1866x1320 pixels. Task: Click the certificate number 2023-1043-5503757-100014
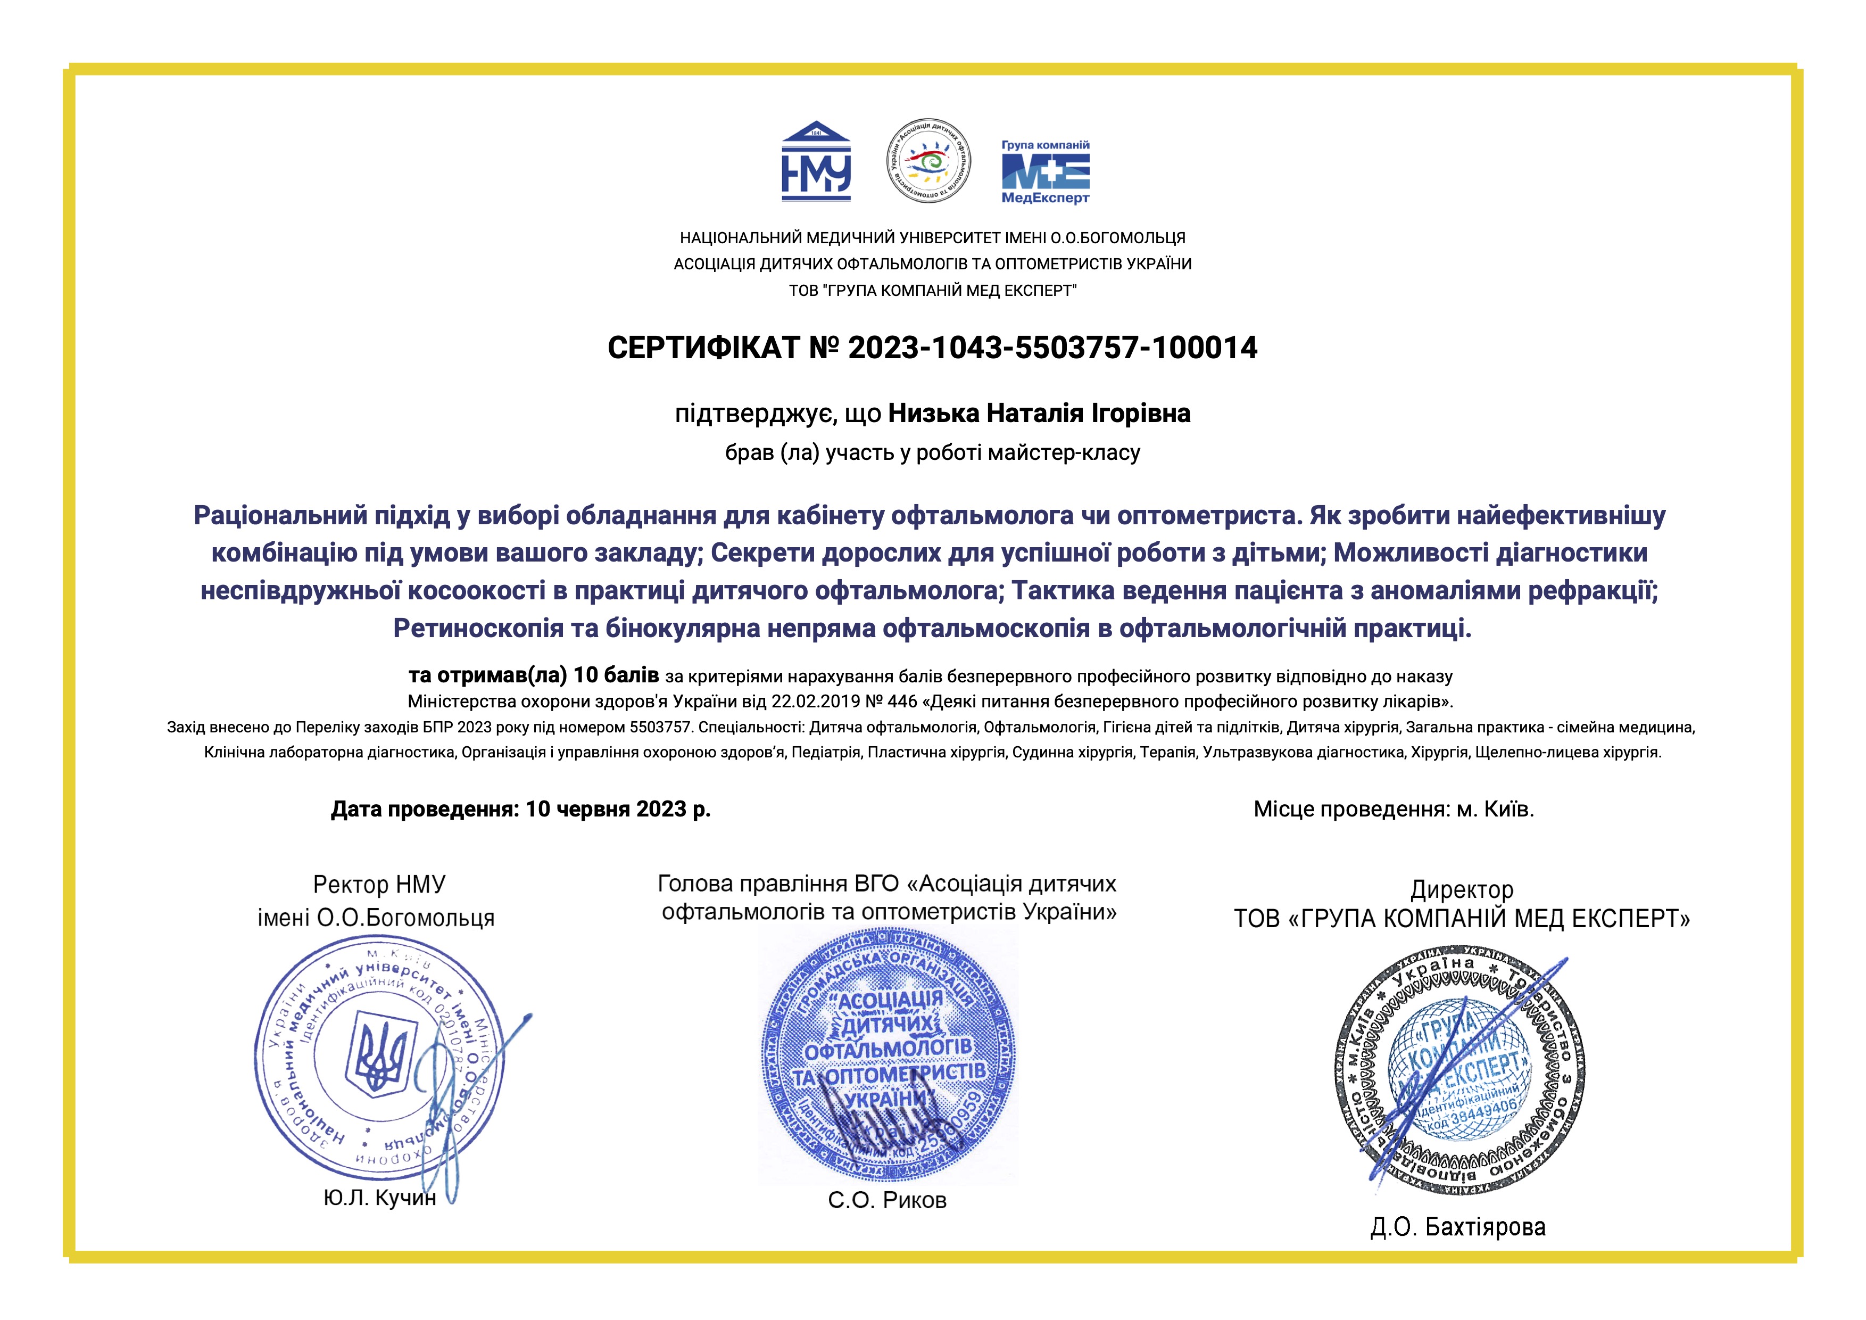click(x=1052, y=348)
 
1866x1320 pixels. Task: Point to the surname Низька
click(x=933, y=414)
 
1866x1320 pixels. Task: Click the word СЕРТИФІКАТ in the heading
click(x=704, y=348)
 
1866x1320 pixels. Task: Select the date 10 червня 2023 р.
click(x=618, y=810)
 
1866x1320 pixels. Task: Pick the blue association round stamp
click(x=888, y=1057)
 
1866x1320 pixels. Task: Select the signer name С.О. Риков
click(x=888, y=1201)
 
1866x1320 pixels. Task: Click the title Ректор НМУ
click(x=379, y=884)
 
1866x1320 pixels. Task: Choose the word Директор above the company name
click(x=1461, y=890)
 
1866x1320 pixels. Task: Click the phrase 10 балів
click(x=616, y=676)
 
